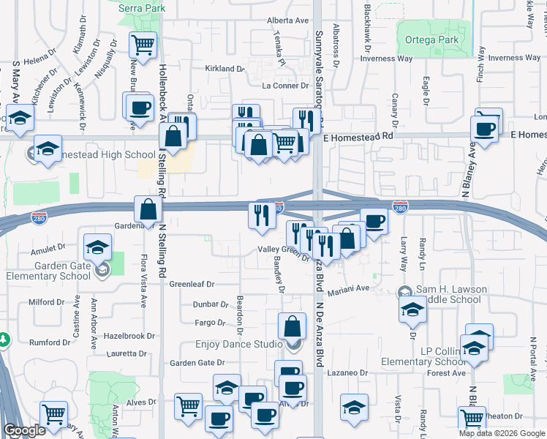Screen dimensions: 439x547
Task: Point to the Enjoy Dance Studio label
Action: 238,344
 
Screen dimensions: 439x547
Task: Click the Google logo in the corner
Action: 24,431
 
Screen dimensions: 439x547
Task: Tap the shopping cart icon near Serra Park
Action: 143,44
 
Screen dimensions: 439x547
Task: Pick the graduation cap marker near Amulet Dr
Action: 97,247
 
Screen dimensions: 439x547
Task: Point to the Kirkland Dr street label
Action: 225,68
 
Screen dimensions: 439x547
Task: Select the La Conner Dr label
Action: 282,86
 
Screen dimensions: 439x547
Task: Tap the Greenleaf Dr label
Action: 192,284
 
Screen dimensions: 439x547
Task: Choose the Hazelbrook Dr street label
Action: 129,336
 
